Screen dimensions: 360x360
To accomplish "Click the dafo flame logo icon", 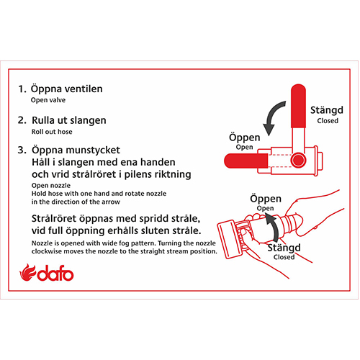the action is point(27,272).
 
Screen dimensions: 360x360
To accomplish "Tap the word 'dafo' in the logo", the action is point(55,273).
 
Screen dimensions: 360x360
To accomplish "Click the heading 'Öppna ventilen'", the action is point(67,89).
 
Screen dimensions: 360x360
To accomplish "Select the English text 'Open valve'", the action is point(48,100).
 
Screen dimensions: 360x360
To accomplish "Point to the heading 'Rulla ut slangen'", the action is point(69,120).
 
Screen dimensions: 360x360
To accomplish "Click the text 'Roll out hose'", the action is point(52,132).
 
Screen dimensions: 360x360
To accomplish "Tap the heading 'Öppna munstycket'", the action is point(76,150).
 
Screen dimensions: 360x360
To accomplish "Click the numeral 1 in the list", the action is point(22,89).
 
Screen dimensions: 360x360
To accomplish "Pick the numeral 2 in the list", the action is point(22,120).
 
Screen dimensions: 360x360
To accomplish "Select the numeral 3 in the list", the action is point(22,150).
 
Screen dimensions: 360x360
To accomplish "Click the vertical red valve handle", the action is point(298,106).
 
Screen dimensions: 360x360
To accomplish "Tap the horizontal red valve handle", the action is point(246,161).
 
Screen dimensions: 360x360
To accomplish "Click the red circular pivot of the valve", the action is point(298,160).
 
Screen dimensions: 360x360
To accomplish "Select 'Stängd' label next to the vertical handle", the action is point(327,110).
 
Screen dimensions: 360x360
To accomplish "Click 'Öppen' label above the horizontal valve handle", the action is point(245,138).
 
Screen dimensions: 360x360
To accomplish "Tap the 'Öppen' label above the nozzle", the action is point(266,199).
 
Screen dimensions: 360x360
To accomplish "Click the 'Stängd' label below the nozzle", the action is point(284,248).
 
